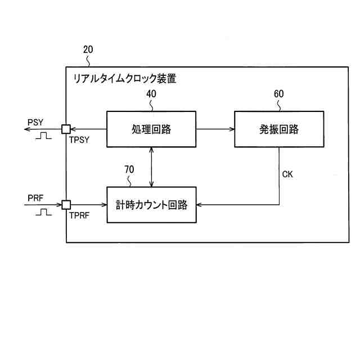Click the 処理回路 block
(151, 129)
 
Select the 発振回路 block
(279, 129)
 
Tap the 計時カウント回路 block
(151, 205)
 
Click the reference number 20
(88, 49)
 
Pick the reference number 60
(279, 93)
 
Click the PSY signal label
(34, 121)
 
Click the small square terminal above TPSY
(66, 129)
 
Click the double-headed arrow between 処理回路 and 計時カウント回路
(151, 166)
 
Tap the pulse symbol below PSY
(42, 136)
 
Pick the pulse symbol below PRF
(42, 212)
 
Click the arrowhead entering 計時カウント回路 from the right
(200, 205)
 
